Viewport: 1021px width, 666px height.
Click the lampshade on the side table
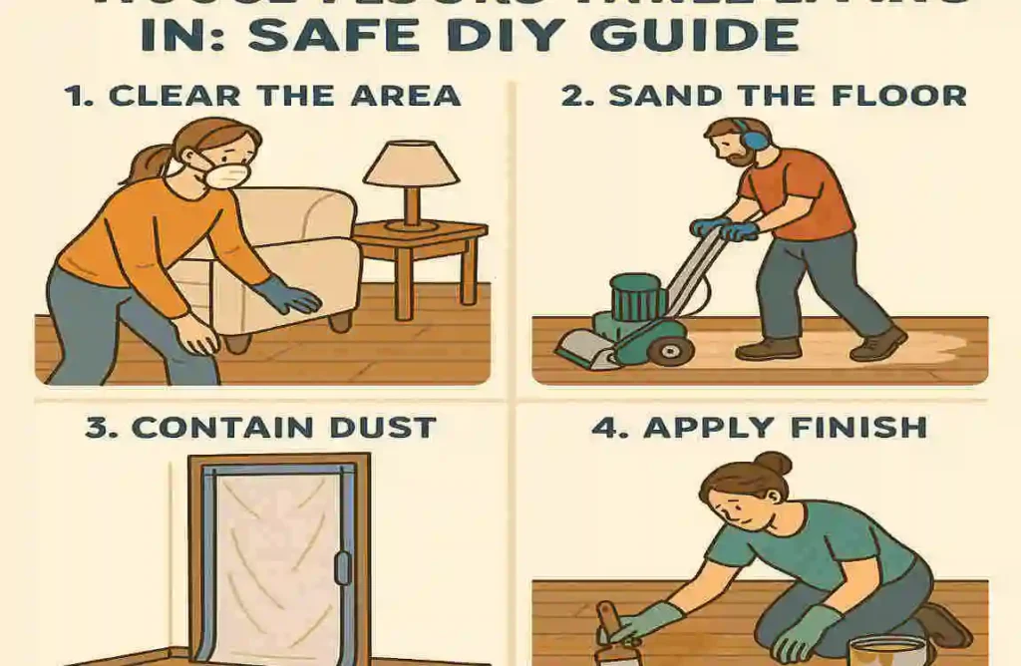click(411, 164)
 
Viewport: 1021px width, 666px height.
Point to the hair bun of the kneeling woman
click(773, 464)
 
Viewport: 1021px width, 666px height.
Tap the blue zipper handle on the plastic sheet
click(343, 569)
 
